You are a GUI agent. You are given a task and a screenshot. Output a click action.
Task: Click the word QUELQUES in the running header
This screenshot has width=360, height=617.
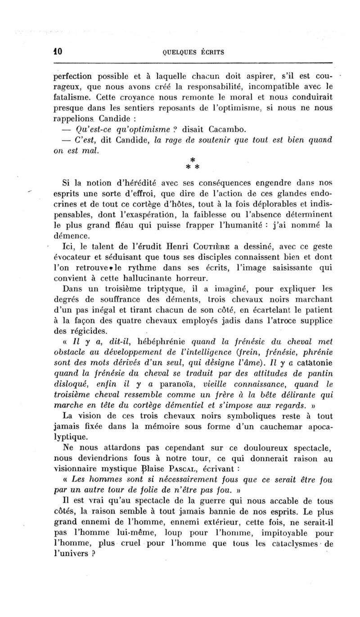click(178, 52)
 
